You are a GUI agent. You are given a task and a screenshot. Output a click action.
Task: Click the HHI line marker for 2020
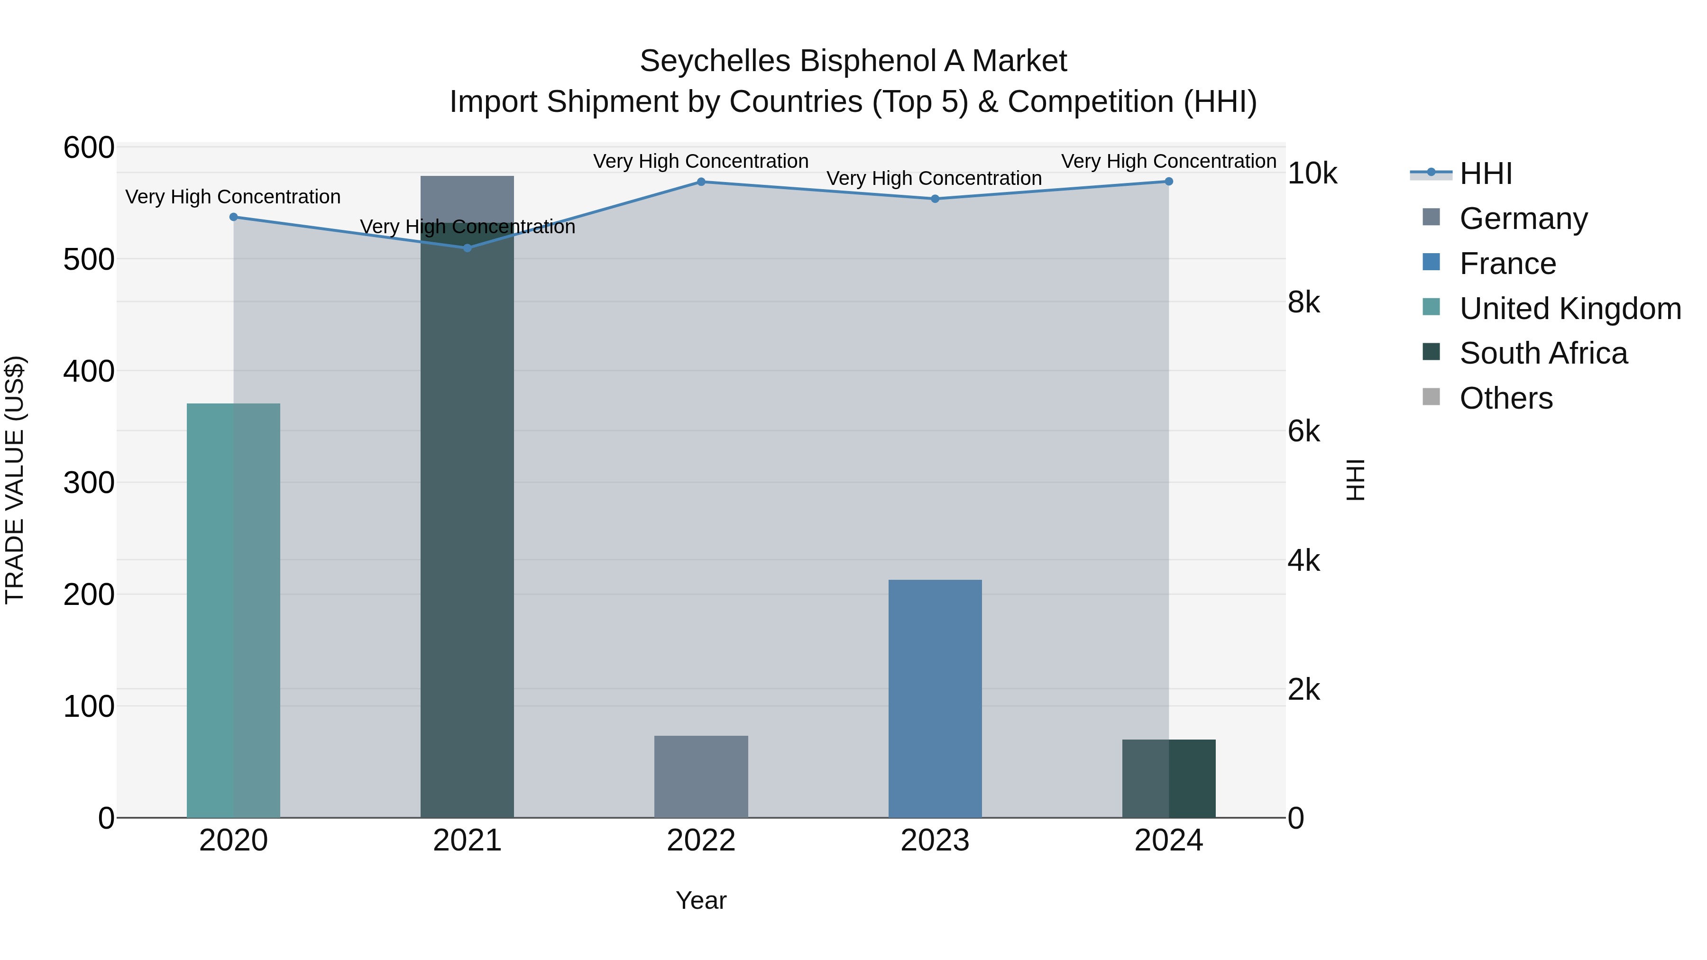[233, 217]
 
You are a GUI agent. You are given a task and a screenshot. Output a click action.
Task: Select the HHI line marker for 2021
[467, 248]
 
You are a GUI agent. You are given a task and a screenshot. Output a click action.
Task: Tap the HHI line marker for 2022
[701, 182]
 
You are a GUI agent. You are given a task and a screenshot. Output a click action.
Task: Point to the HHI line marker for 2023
[935, 199]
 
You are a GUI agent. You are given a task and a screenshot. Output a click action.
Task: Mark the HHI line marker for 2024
[1169, 182]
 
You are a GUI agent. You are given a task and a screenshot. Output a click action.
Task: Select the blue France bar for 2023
[935, 698]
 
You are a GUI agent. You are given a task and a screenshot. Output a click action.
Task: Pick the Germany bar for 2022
[701, 777]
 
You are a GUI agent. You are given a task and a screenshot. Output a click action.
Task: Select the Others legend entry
[1505, 398]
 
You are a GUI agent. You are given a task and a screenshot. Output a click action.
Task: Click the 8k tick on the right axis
[1303, 303]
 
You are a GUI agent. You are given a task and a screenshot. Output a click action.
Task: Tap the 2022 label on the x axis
[701, 841]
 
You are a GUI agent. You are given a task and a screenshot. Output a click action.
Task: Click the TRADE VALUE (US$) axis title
[15, 480]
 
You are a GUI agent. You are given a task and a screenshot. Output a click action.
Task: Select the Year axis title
[701, 900]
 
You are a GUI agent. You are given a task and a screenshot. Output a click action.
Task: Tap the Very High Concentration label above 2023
[934, 178]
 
